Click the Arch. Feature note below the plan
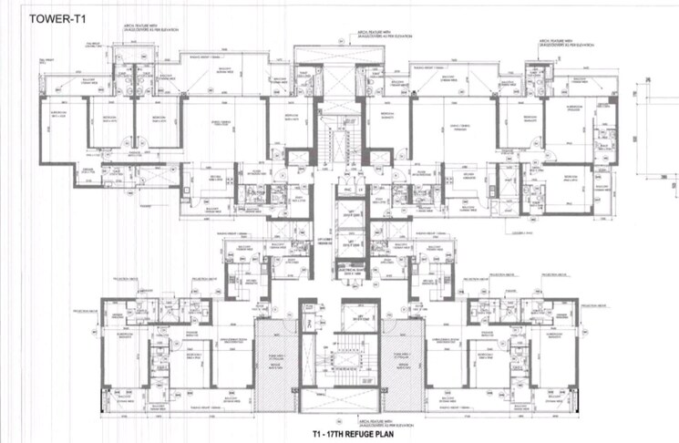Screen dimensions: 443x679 342,418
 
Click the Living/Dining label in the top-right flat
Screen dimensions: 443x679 452,127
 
